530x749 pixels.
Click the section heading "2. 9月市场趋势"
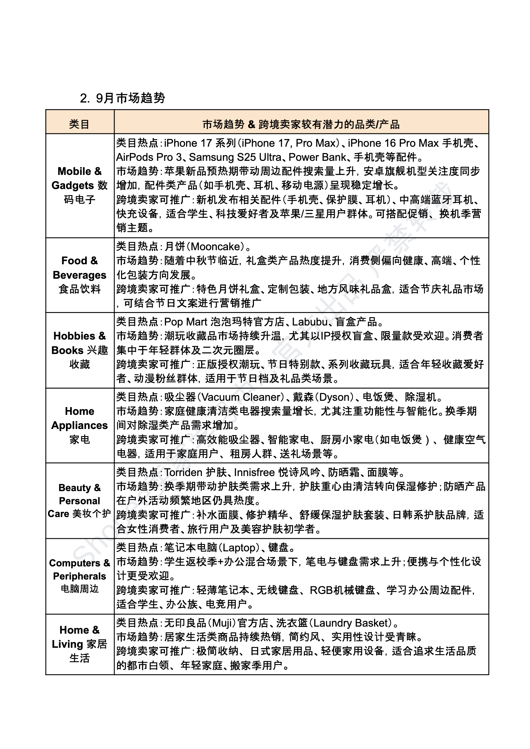122,98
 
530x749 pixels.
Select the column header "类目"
79,124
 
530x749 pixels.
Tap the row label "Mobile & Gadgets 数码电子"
80,185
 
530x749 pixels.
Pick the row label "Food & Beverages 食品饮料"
80,275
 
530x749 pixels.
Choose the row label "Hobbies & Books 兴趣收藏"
80,350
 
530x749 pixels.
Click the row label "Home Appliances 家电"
80,425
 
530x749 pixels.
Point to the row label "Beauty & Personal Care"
80,500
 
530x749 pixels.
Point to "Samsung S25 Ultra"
235,157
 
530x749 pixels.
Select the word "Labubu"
310,322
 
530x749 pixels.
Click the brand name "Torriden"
183,473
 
